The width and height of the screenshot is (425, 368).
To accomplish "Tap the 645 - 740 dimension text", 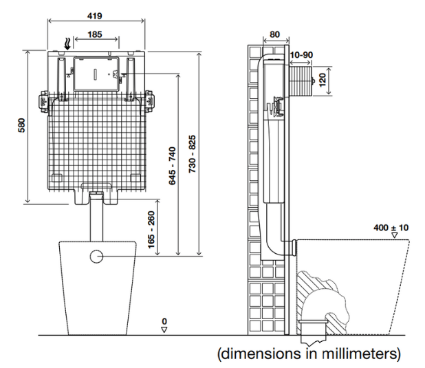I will pos(172,166).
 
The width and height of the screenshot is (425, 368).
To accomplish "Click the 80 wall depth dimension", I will pos(274,34).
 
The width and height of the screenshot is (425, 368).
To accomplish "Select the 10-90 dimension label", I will pos(301,54).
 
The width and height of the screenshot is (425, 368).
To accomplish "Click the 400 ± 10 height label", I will pos(391,226).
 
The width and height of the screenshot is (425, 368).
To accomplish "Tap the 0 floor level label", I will pos(164,321).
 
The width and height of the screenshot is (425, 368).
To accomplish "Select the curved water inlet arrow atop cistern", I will pos(65,43).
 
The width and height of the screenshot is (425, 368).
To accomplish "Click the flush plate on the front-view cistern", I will pos(94,73).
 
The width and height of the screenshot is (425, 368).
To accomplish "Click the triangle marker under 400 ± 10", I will pos(395,235).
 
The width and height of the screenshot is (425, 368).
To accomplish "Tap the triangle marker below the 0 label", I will pos(164,329).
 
